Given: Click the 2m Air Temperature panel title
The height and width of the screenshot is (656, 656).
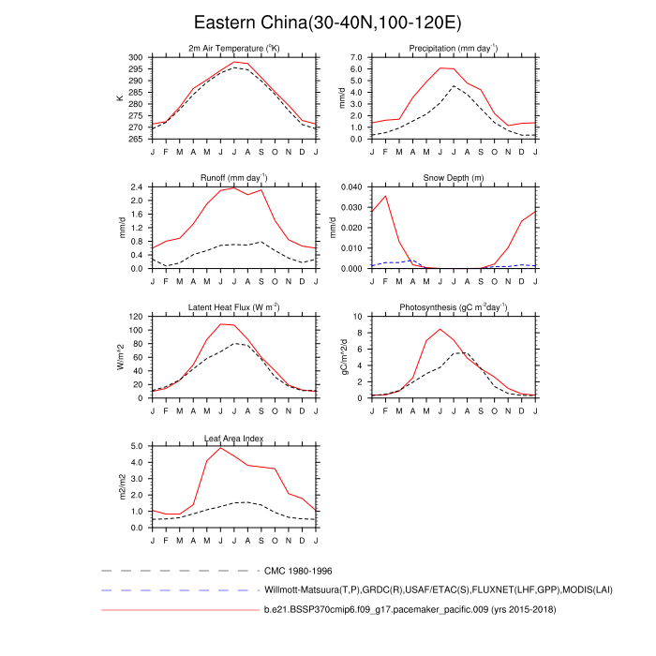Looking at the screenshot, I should tap(234, 48).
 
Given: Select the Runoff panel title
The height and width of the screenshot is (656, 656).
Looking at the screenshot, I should tap(234, 177).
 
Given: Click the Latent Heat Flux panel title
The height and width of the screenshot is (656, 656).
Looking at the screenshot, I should tap(234, 307).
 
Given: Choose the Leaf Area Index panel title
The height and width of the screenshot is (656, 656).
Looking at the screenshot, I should tap(234, 438).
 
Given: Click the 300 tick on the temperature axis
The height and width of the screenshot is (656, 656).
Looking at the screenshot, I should tap(137, 57).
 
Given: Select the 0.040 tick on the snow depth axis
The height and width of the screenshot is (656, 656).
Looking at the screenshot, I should tap(347, 186).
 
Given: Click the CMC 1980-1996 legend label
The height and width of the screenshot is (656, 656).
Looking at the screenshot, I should tap(298, 570).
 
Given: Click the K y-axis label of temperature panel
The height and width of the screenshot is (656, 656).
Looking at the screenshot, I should tap(120, 98).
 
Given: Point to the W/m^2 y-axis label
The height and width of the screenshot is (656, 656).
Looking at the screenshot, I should tap(120, 357).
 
